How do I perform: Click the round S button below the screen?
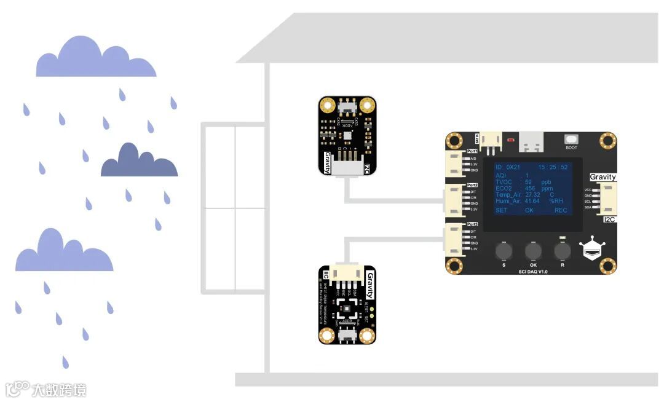[504, 250]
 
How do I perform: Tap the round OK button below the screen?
[532, 250]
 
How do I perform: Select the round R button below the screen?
[562, 250]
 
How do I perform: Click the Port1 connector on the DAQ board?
[456, 164]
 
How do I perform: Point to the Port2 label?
[472, 184]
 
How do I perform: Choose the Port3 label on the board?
[472, 224]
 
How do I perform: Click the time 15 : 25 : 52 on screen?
[553, 167]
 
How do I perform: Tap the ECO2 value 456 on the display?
[530, 188]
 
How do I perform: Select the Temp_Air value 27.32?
[532, 195]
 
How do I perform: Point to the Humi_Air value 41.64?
[532, 201]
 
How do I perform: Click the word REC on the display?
[561, 210]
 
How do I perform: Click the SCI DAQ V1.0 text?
[532, 271]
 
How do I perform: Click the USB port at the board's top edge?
[532, 142]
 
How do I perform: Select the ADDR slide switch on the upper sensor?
[348, 107]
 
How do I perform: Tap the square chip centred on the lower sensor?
[347, 309]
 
